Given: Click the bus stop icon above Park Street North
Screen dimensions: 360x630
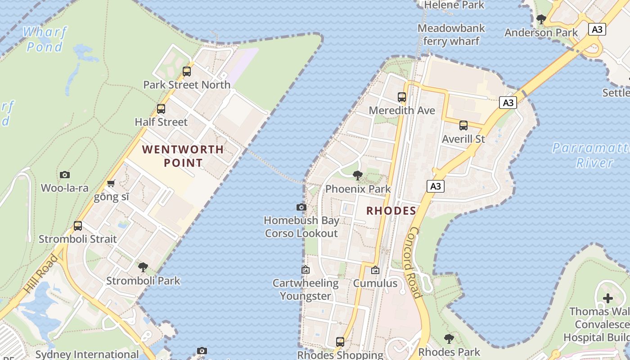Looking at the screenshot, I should tap(187, 71).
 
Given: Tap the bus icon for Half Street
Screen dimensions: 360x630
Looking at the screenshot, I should tap(161, 108).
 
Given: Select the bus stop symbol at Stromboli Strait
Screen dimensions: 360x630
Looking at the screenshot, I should tap(78, 225).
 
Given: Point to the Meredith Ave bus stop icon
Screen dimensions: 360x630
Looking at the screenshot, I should tap(402, 97).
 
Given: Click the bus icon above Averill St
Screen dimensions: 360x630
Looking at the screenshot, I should tap(463, 126).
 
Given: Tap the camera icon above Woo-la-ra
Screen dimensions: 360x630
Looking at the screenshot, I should tap(65, 175).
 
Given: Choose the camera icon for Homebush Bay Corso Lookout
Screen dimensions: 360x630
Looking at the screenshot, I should tap(301, 207).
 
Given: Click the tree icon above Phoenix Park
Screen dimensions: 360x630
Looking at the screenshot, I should tap(358, 175).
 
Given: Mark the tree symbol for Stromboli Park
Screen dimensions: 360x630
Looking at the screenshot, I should tap(143, 267).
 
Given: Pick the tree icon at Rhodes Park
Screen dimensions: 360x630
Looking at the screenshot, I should tap(449, 338).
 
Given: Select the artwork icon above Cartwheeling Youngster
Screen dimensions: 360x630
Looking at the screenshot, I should tap(306, 270).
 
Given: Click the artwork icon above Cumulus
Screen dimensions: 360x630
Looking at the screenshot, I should tap(375, 270).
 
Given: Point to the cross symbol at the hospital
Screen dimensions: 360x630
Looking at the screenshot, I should tap(608, 298).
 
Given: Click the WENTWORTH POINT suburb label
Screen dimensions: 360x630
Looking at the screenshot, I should tap(183, 156).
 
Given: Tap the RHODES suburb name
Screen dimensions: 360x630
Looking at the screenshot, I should tap(391, 211).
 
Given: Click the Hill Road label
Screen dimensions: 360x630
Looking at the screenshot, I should tap(41, 274).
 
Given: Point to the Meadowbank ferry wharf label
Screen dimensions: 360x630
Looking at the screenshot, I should tap(451, 35).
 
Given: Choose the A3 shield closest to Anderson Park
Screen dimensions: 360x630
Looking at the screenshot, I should tap(597, 29).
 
